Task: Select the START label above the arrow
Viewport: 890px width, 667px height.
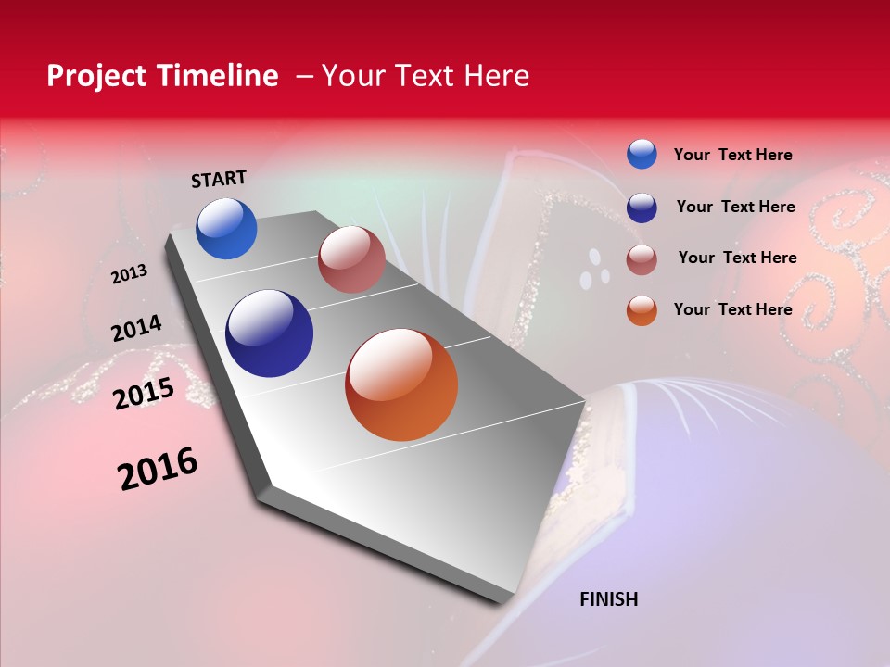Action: tap(219, 179)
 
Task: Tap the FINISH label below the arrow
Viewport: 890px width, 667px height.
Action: tap(608, 599)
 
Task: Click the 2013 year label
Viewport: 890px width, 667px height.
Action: tap(130, 274)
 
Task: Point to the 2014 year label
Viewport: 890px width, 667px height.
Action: tap(137, 329)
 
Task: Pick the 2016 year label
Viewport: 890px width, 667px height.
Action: tap(158, 469)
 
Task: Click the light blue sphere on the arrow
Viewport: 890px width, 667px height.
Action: tap(226, 229)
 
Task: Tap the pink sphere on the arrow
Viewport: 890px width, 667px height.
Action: tap(351, 259)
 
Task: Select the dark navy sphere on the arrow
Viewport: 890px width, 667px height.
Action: tap(269, 333)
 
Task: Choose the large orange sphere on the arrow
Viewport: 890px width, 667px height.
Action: tap(401, 384)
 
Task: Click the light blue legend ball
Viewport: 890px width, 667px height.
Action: tap(642, 154)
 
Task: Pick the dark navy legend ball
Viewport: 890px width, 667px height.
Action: tap(642, 208)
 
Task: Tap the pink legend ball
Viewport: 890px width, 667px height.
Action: tap(642, 259)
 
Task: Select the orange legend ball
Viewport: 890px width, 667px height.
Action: tap(642, 310)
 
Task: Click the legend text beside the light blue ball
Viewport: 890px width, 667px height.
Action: tap(732, 155)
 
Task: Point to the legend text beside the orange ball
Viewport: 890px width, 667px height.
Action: tap(732, 309)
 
